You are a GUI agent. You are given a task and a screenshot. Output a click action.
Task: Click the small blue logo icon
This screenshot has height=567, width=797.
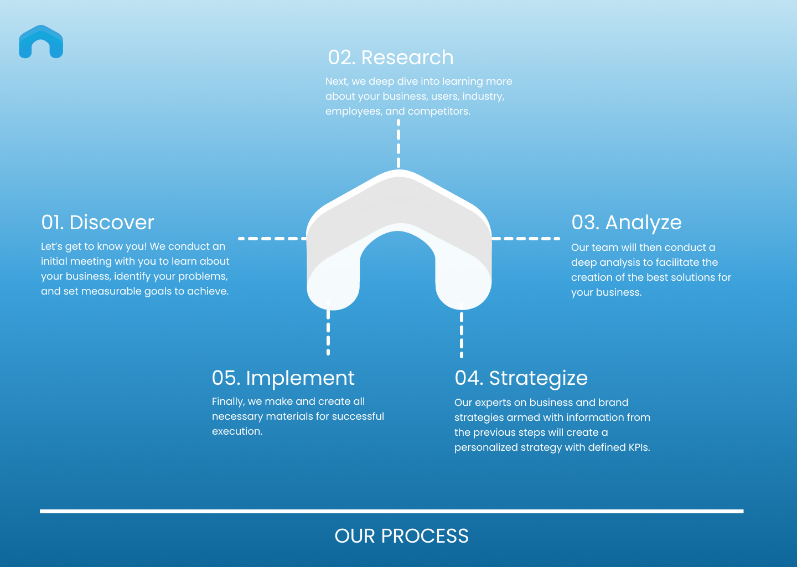pyautogui.click(x=41, y=42)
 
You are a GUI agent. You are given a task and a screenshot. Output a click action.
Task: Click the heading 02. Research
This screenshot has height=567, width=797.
pyautogui.click(x=391, y=58)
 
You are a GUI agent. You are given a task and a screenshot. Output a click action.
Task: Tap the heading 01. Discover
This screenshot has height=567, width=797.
pyautogui.click(x=97, y=223)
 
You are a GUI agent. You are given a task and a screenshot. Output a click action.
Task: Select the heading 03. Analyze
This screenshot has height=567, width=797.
pyautogui.click(x=627, y=223)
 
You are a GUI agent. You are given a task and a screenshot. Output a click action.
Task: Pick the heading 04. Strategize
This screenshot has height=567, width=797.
pyautogui.click(x=521, y=378)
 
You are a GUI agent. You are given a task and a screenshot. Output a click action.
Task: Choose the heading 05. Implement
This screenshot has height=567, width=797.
pyautogui.click(x=283, y=378)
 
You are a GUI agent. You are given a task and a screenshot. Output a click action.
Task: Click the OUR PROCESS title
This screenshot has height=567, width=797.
pyautogui.click(x=401, y=536)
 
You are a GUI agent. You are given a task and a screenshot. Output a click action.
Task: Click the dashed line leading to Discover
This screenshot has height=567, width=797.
pyautogui.click(x=272, y=239)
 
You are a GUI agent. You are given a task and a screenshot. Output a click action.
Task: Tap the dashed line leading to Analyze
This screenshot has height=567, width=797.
pyautogui.click(x=526, y=239)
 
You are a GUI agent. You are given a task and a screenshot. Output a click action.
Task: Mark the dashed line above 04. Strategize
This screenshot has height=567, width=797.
pyautogui.click(x=462, y=331)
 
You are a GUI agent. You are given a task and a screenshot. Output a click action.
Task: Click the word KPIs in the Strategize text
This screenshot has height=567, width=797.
pyautogui.click(x=639, y=447)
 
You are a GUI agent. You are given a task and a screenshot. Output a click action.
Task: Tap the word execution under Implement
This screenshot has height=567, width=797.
pyautogui.click(x=237, y=431)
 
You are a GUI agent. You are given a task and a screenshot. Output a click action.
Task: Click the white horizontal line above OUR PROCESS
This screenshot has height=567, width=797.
pyautogui.click(x=391, y=511)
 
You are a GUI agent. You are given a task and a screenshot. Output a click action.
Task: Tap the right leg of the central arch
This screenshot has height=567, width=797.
pyautogui.click(x=463, y=277)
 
